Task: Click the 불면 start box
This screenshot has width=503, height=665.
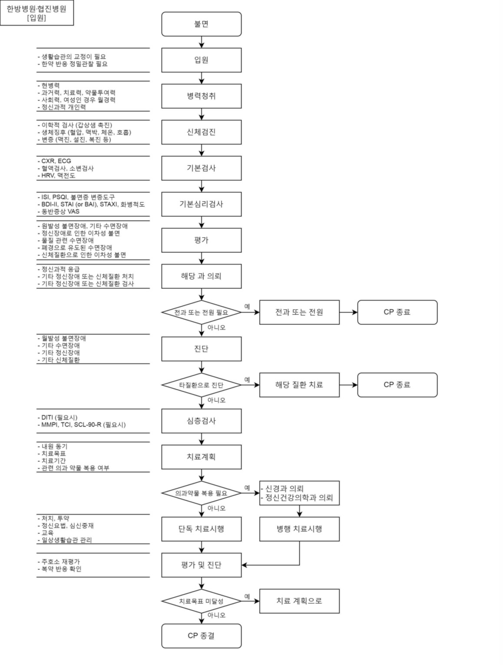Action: tap(201, 24)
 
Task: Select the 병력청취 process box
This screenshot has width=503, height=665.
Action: tap(201, 96)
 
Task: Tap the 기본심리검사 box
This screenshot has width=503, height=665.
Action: tap(201, 204)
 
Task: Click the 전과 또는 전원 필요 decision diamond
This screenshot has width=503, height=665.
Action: tap(201, 312)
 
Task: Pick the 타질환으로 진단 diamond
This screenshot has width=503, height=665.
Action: tap(201, 385)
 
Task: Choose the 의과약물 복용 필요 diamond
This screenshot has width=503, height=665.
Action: tap(201, 493)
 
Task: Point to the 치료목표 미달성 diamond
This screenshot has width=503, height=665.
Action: tap(201, 601)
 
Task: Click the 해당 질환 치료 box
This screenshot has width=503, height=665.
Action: tap(299, 385)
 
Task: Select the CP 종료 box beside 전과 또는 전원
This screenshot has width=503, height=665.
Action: tap(397, 312)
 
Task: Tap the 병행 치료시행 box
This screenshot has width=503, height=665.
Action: tap(299, 529)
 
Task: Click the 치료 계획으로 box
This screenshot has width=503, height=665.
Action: tap(299, 601)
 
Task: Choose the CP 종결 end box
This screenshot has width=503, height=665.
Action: tap(201, 636)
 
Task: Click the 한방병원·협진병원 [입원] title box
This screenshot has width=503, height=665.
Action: tap(36, 13)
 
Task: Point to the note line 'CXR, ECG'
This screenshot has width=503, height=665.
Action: tap(56, 161)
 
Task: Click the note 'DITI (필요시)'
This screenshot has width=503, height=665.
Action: tap(59, 417)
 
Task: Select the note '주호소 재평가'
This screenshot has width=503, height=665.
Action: tap(60, 562)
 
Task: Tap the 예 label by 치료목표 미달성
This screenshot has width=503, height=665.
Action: tap(247, 596)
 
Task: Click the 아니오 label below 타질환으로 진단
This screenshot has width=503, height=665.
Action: tap(216, 400)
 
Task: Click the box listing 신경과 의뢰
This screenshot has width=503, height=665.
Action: tap(299, 493)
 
